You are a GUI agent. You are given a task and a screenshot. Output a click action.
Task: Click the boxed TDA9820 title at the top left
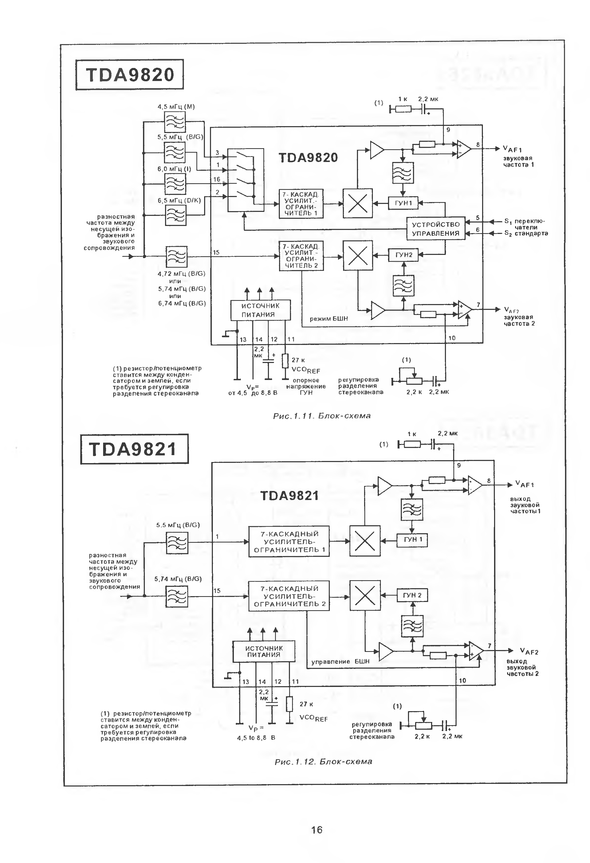pyautogui.click(x=129, y=75)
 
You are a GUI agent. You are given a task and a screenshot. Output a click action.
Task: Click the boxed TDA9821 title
pyautogui.click(x=134, y=449)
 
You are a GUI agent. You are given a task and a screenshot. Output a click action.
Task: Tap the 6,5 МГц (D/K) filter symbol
pyautogui.click(x=175, y=215)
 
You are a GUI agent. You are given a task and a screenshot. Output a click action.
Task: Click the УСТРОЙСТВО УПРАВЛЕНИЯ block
pyautogui.click(x=435, y=229)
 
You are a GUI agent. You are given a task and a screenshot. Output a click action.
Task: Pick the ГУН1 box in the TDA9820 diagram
pyautogui.click(x=403, y=203)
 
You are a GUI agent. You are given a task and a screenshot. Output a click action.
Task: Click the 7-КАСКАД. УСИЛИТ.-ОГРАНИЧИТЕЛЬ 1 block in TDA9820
pyautogui.click(x=301, y=203)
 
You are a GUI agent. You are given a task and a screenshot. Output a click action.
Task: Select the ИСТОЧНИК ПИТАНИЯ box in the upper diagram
pyautogui.click(x=260, y=310)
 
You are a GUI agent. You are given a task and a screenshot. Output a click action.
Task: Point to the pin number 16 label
pyautogui.click(x=217, y=179)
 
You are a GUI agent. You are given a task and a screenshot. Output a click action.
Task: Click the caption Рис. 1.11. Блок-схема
pyautogui.click(x=322, y=416)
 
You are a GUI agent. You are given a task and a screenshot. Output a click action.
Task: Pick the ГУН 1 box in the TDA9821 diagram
pyautogui.click(x=412, y=540)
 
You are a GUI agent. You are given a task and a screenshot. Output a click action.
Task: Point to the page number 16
pyautogui.click(x=317, y=830)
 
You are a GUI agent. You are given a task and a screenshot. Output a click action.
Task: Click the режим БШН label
pyautogui.click(x=329, y=319)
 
